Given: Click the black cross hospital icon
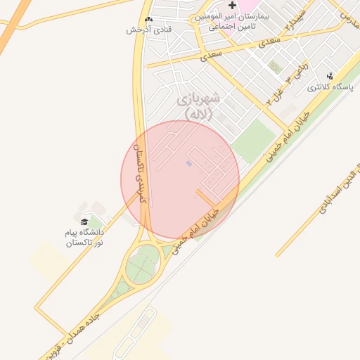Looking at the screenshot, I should tap(232, 6).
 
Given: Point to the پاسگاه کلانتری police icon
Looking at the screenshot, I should tap(330, 76).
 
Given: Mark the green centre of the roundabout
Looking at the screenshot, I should tap(143, 267).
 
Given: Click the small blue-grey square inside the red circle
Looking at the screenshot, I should tap(188, 164).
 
